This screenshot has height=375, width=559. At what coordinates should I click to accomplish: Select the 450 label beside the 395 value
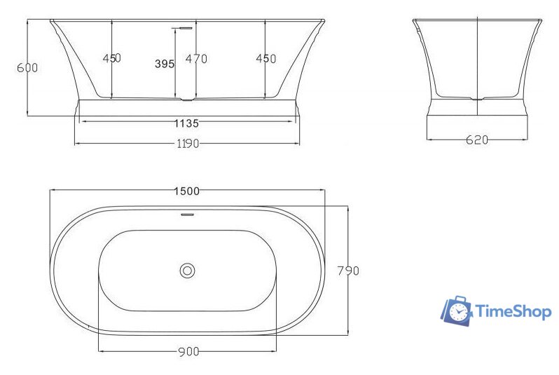click(x=112, y=59)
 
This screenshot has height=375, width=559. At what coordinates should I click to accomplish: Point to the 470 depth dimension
click(x=196, y=59)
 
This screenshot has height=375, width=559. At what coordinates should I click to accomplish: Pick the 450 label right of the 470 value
click(x=265, y=59)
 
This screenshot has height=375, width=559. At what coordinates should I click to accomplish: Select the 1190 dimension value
click(x=186, y=144)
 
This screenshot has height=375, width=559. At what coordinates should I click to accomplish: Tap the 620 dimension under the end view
click(x=476, y=139)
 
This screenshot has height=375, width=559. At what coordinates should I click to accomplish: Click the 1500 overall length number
click(x=187, y=191)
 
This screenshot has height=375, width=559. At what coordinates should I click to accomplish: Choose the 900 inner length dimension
click(x=187, y=350)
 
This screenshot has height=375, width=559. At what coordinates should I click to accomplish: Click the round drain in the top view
click(x=187, y=270)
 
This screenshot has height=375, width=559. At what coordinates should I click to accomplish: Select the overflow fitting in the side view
click(x=184, y=28)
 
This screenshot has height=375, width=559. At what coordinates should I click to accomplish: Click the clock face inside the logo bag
click(x=459, y=312)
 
